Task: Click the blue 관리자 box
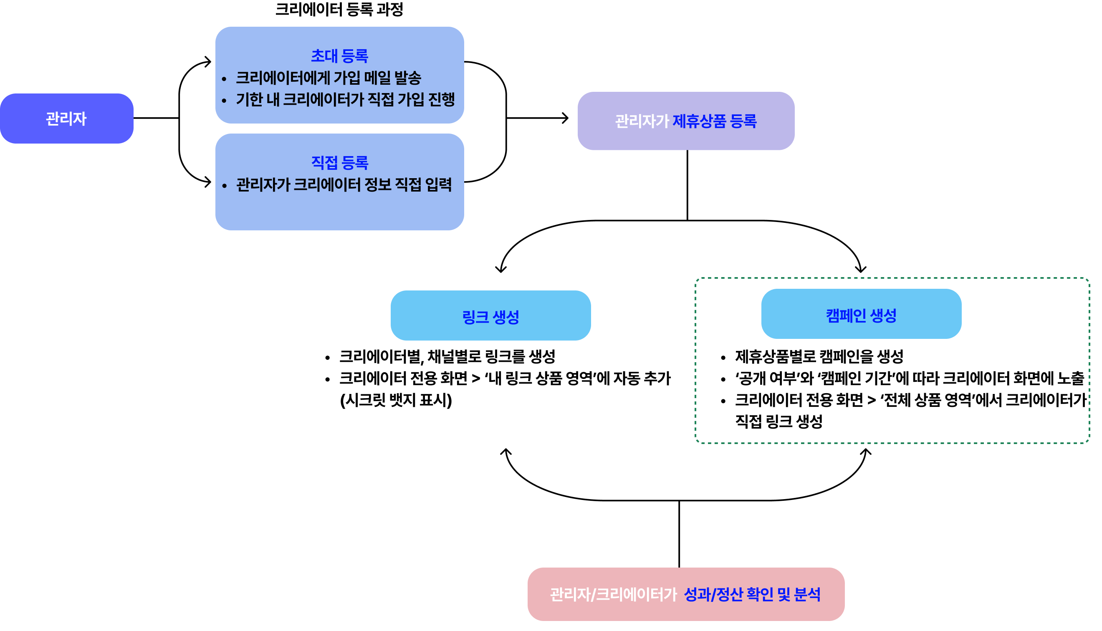coord(66,119)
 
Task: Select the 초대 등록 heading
coord(339,56)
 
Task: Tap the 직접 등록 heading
coord(339,163)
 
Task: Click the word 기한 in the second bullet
coord(249,100)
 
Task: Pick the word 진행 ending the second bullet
coord(441,100)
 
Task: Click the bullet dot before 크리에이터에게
coord(224,79)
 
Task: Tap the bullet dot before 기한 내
coord(224,101)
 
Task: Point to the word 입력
coord(438,185)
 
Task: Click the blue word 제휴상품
coord(698,121)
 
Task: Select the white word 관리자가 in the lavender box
coord(642,121)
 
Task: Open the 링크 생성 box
coord(490,316)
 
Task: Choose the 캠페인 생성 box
coord(861,314)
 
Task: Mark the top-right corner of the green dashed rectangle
coord(1089,279)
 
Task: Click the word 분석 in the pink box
coord(807,595)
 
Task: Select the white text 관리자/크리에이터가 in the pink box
coord(613,595)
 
